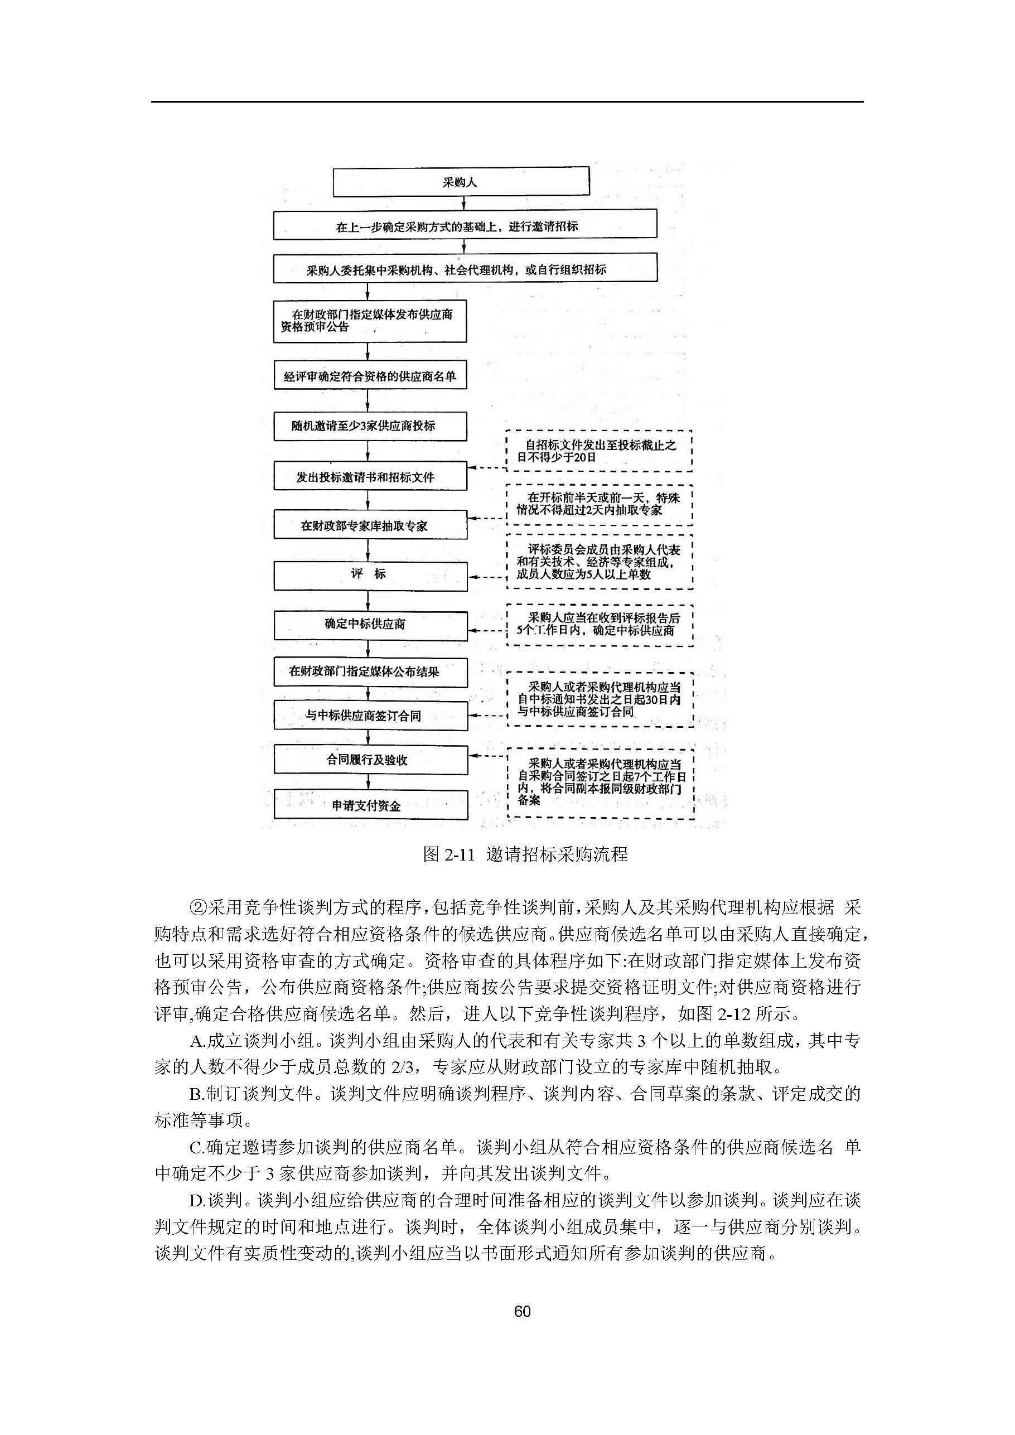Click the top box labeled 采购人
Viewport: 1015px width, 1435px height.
point(461,182)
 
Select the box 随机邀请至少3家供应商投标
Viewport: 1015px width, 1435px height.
point(369,426)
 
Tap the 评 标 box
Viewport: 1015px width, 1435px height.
point(370,574)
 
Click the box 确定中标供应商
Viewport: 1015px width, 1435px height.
point(370,625)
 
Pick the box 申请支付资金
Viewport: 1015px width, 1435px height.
point(370,805)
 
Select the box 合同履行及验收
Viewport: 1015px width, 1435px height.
point(370,760)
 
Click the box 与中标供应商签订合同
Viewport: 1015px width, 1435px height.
point(370,716)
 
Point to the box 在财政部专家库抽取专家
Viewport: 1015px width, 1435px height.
point(370,525)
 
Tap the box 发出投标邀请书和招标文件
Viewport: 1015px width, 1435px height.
point(370,477)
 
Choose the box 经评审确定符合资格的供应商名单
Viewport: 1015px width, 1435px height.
point(370,376)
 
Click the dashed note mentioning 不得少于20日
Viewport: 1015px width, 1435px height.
point(599,451)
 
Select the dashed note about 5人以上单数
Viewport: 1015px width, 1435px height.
point(599,561)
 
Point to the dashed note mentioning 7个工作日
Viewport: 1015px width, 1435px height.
point(600,782)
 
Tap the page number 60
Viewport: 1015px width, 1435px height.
point(522,1311)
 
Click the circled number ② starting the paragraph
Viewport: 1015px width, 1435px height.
point(197,907)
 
